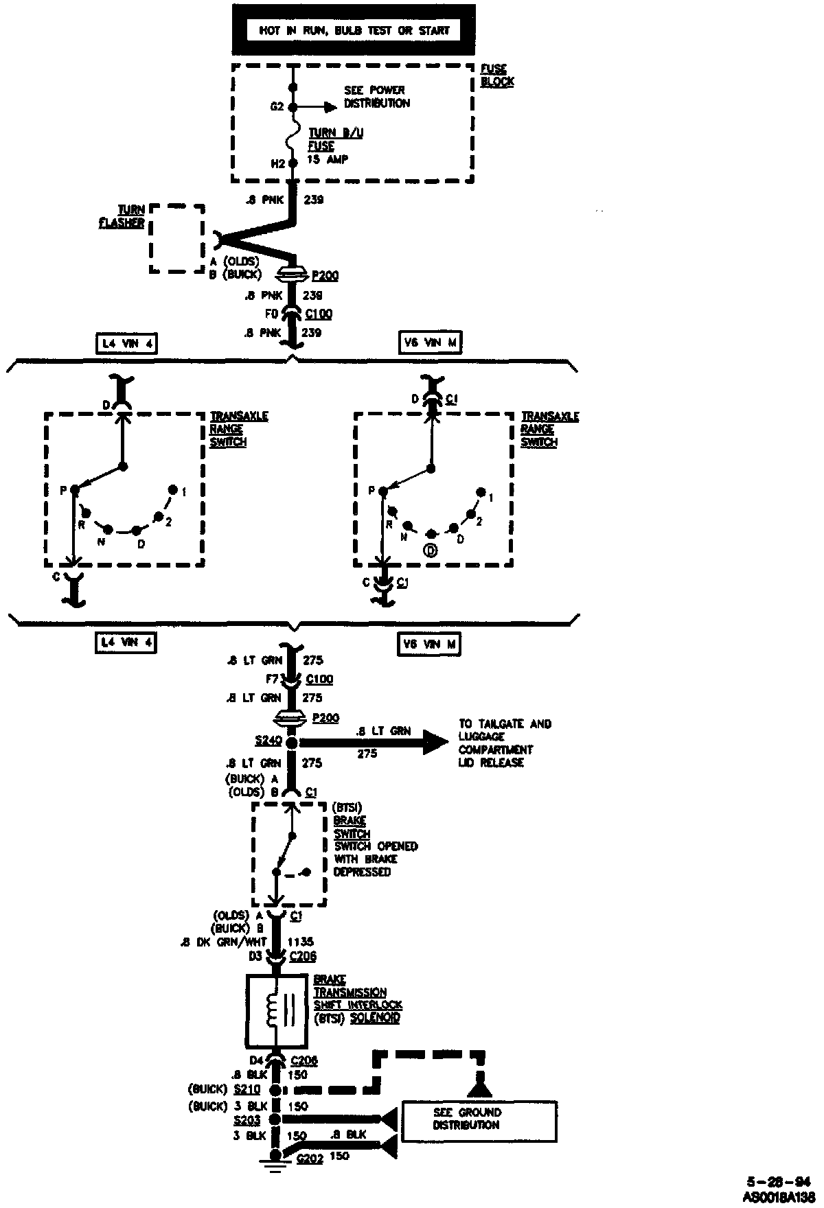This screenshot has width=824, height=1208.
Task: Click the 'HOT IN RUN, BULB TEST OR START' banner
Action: coord(354,30)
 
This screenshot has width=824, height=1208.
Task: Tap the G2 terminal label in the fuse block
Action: coord(277,107)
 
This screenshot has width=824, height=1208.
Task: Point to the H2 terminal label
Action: coord(277,163)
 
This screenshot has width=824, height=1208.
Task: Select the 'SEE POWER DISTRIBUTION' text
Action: coord(376,97)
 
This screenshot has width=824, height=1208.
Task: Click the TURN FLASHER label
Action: coord(131,216)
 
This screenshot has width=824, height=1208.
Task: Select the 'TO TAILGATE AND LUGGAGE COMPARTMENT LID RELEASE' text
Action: coord(505,743)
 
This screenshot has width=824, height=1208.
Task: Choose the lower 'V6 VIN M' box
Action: coord(429,644)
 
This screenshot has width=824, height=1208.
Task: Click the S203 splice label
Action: coord(247,1119)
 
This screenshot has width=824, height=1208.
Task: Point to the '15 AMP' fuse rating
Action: coord(328,159)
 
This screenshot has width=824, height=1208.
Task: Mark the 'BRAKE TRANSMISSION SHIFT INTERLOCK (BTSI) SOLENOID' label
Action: coord(357,999)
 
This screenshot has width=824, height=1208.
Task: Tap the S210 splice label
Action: coord(247,1089)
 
